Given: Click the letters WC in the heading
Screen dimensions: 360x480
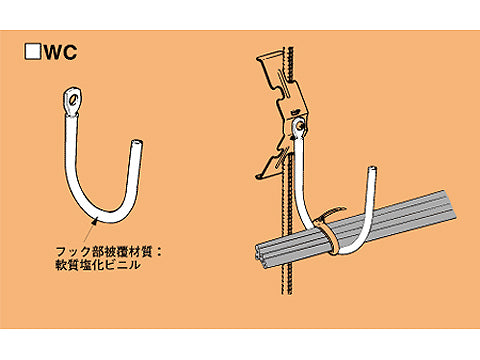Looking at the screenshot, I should (x=59, y=51).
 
